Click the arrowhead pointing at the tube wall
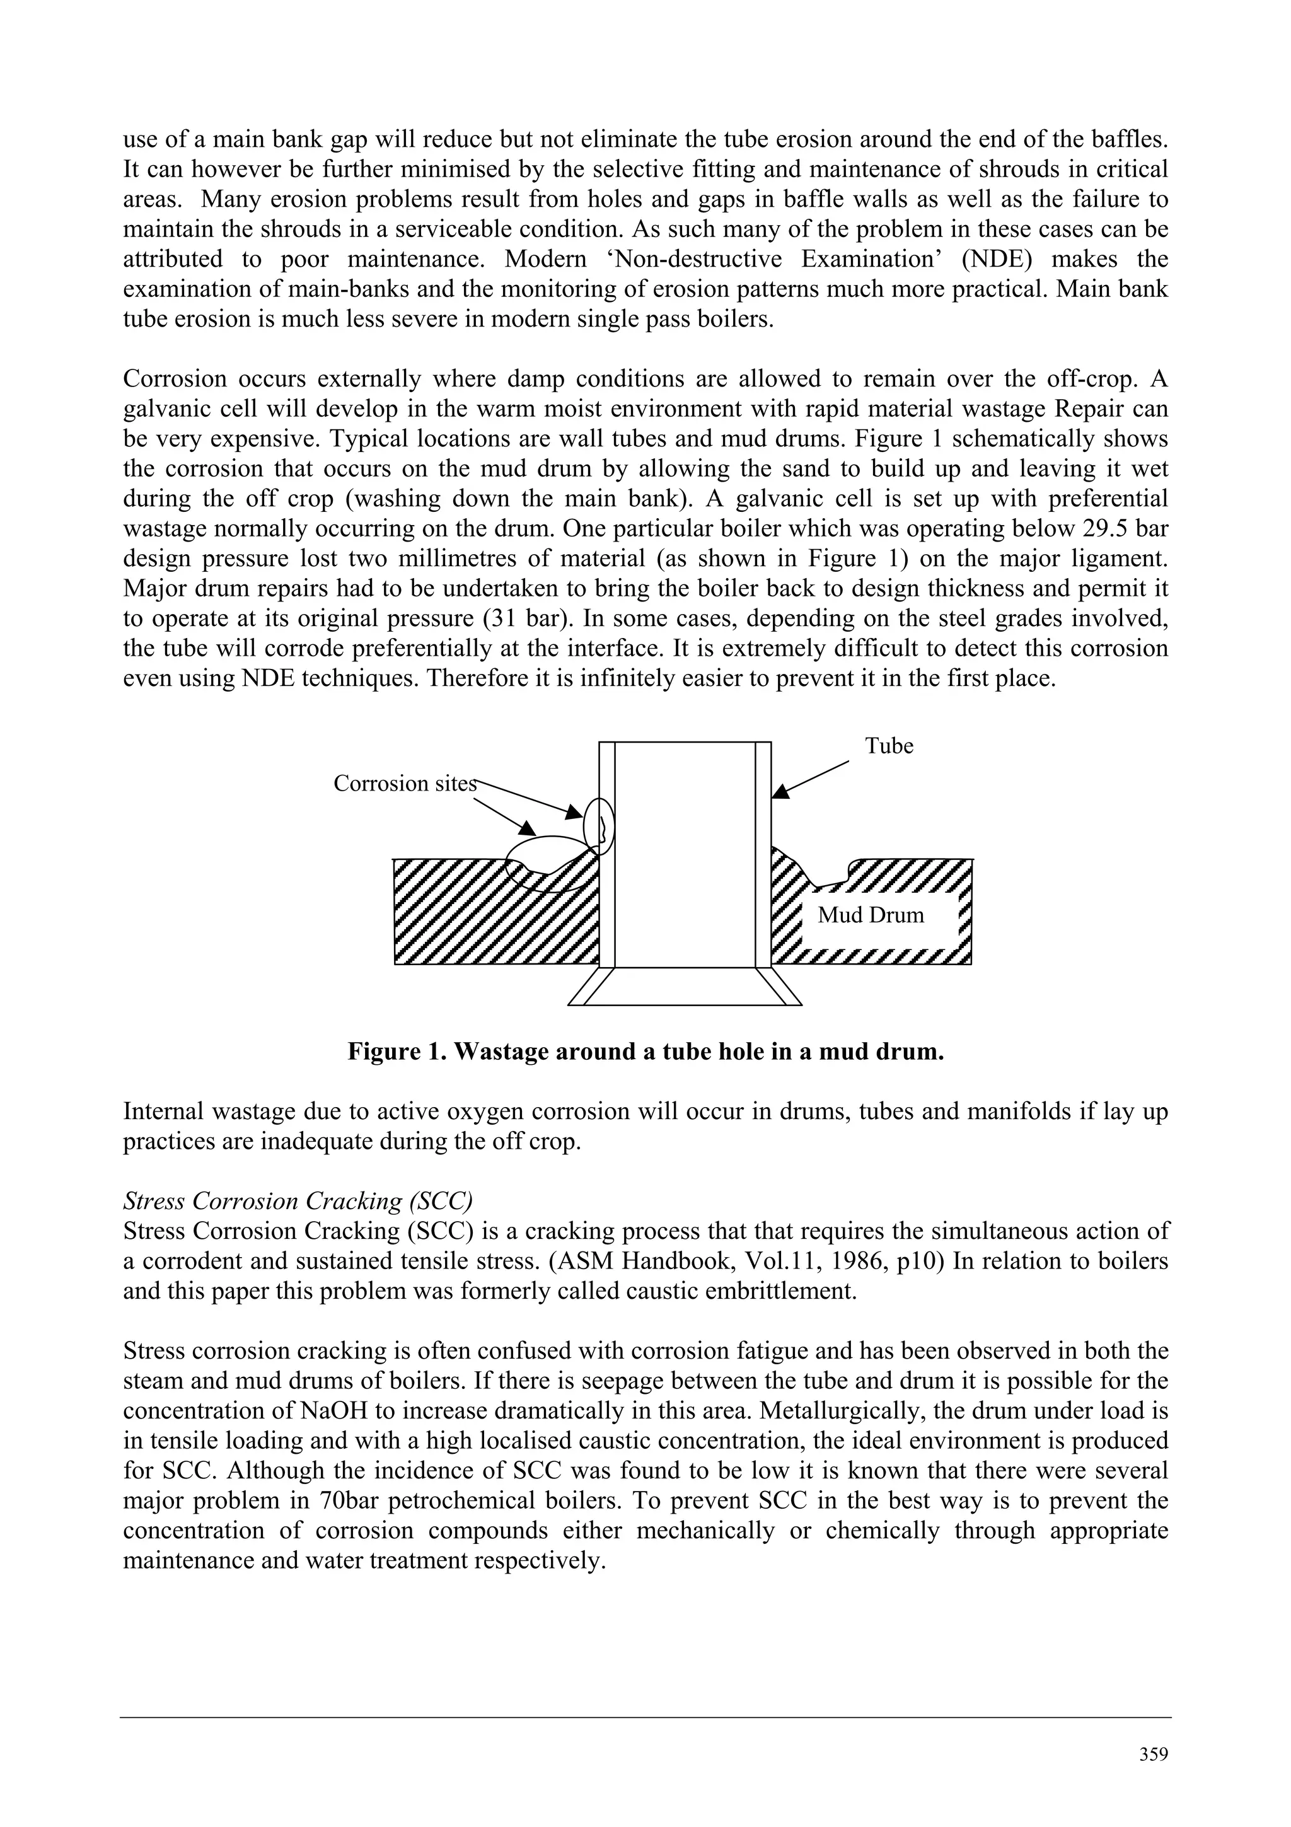781,791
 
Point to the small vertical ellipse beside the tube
599,825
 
